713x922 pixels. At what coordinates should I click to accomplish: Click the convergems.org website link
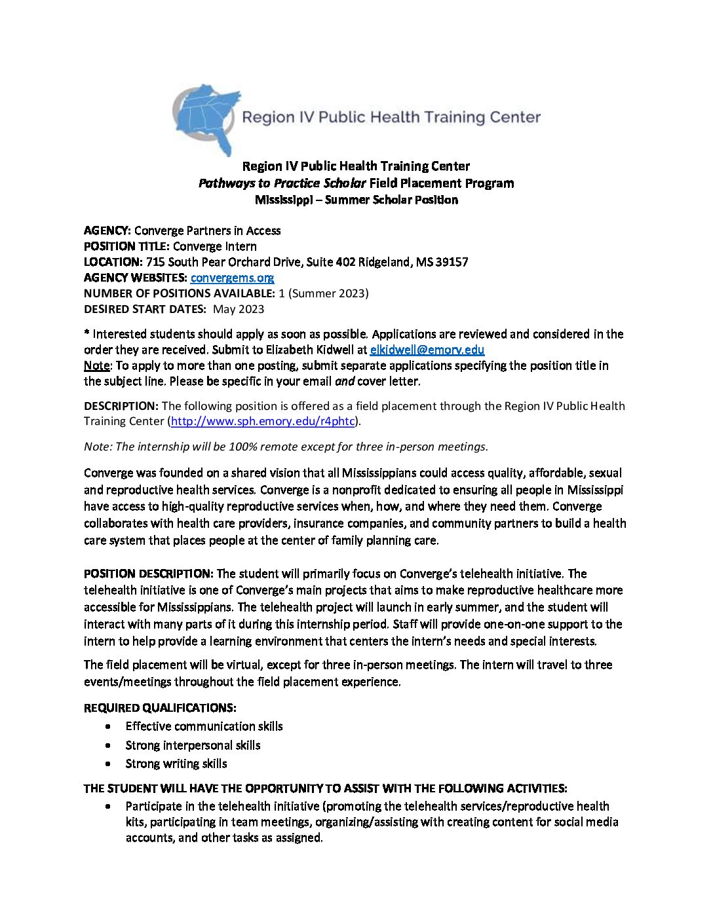click(x=232, y=278)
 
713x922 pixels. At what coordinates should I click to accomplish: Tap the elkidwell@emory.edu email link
click(x=427, y=350)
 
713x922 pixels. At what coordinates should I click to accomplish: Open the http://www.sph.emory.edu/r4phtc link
click(x=263, y=421)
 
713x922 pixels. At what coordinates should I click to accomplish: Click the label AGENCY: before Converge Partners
click(x=107, y=230)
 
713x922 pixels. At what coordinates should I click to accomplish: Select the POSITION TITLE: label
click(x=126, y=246)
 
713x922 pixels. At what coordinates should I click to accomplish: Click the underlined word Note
click(x=96, y=365)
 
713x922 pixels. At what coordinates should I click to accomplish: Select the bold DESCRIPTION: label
click(x=121, y=406)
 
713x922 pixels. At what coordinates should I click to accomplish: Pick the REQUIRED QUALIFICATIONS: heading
click(x=160, y=708)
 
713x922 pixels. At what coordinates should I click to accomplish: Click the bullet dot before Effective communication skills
click(x=108, y=727)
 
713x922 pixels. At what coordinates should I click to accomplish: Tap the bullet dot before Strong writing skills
click(x=108, y=764)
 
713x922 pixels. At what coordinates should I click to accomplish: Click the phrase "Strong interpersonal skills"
click(x=193, y=745)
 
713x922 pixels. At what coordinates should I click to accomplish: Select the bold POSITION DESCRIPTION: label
click(x=148, y=574)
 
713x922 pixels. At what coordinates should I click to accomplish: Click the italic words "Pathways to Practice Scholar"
click(x=282, y=183)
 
